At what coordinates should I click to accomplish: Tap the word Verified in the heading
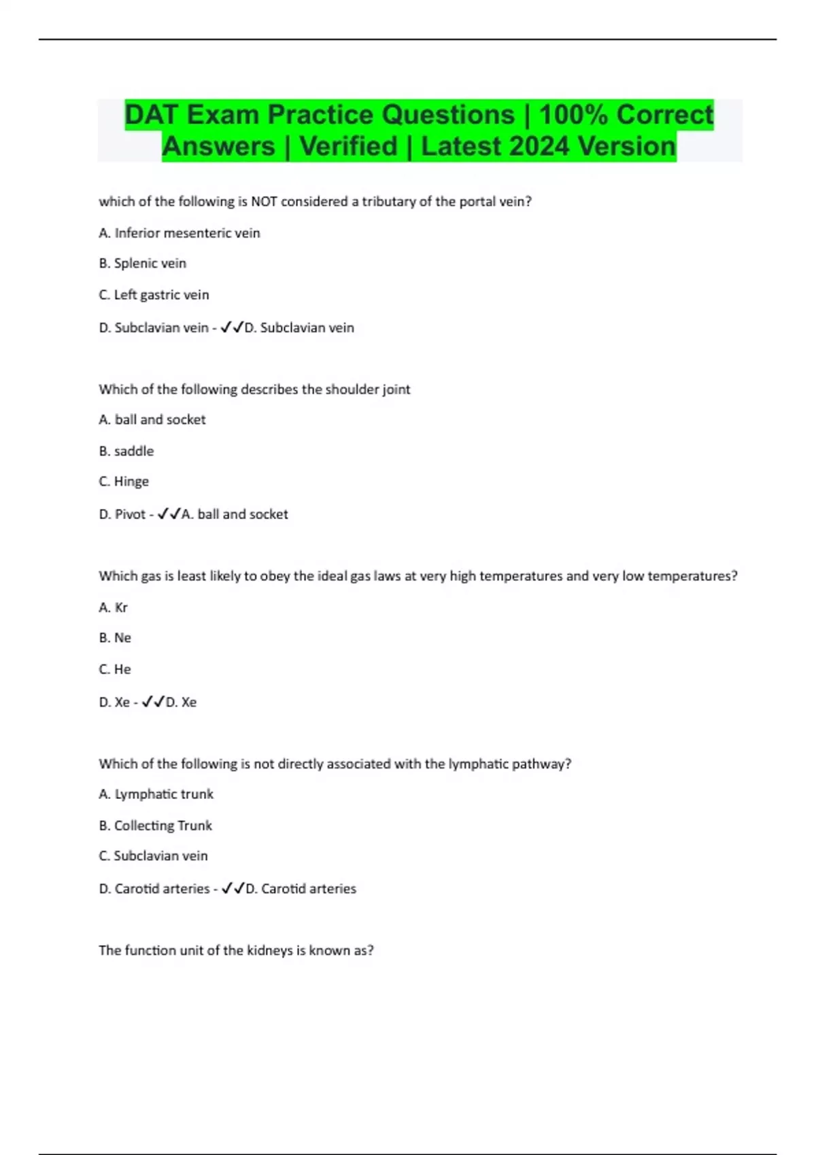click(x=348, y=146)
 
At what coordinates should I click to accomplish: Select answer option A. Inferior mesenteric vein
click(x=180, y=233)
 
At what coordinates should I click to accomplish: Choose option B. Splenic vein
click(x=143, y=264)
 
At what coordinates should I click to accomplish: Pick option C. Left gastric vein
click(x=154, y=295)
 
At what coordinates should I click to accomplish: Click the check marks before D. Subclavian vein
click(x=231, y=327)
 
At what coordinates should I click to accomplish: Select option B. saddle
click(x=126, y=451)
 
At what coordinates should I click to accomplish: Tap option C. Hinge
click(x=124, y=482)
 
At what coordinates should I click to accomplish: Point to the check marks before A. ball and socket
click(x=169, y=514)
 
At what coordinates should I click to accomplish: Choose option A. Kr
click(x=114, y=607)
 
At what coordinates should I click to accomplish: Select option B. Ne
click(x=115, y=638)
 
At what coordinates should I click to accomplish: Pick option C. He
click(x=115, y=669)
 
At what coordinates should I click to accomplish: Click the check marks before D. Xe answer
click(x=153, y=702)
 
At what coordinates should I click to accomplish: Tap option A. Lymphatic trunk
click(x=156, y=794)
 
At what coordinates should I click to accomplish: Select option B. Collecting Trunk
click(x=156, y=825)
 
